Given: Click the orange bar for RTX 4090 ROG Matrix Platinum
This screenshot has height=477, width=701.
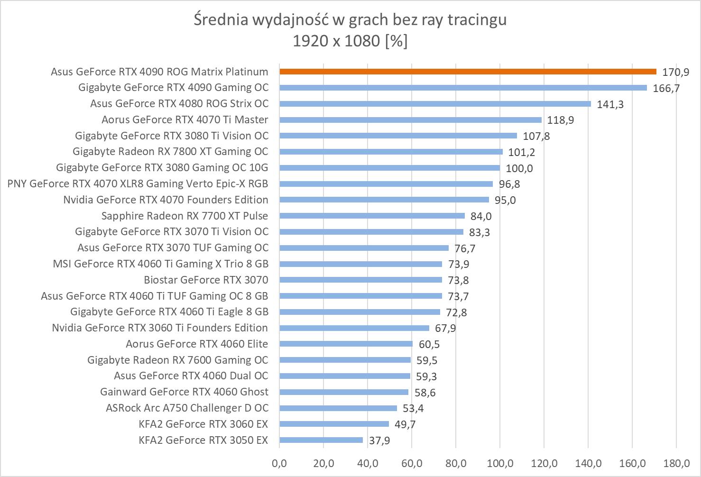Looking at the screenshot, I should (x=468, y=72).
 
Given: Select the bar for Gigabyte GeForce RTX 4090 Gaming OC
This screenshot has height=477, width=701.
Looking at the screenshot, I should (x=463, y=88).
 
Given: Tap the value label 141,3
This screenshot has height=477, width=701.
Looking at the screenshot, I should (x=610, y=104).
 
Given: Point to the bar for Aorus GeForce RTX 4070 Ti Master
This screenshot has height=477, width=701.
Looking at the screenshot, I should (x=410, y=120).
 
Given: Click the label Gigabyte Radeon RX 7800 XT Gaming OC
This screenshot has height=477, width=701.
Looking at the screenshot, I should (x=170, y=152).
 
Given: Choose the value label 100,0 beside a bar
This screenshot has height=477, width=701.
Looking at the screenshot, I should (x=519, y=168).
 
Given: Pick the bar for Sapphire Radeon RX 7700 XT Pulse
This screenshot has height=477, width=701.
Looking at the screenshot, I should (x=372, y=216).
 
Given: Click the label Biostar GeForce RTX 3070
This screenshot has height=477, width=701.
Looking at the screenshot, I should (x=206, y=280).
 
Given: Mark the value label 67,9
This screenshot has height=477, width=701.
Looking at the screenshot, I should (x=445, y=328).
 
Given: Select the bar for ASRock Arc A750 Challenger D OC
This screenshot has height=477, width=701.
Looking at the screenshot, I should (x=338, y=408).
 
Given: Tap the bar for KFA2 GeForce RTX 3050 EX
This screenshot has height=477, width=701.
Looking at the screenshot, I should (x=321, y=440).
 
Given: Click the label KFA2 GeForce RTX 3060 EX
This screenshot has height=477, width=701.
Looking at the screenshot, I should (x=203, y=424).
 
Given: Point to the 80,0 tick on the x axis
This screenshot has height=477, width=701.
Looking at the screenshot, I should (x=456, y=463).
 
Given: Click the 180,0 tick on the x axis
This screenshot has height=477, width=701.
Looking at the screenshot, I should (x=676, y=463).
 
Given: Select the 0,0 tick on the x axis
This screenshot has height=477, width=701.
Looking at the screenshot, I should (x=279, y=463).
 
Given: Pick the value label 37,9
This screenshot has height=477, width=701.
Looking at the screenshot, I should (x=379, y=440).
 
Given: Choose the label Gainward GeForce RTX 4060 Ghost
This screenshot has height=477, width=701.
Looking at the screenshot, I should (x=184, y=392).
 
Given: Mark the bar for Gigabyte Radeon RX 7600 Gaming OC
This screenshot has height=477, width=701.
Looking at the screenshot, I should (x=345, y=360).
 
